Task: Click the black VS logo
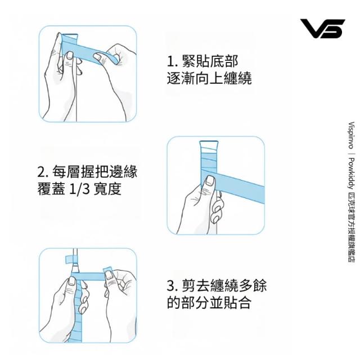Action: tap(322, 29)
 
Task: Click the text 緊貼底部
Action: tap(210, 61)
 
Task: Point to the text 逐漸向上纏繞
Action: tap(209, 78)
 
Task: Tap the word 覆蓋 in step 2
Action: tap(51, 189)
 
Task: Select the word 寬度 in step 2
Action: tap(107, 189)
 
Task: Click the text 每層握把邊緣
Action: tap(94, 172)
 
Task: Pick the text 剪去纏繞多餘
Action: tap(224, 286)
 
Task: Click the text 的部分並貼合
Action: tap(209, 303)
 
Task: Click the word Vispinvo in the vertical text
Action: tap(351, 136)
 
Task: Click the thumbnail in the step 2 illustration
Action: tap(210, 181)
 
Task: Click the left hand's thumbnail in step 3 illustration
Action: tap(72, 281)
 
